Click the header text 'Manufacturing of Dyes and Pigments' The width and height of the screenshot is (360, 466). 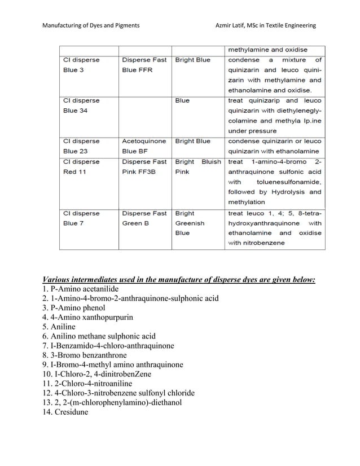click(91, 25)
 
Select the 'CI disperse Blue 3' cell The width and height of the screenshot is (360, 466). click(81, 65)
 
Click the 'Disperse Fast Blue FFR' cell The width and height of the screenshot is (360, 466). click(144, 65)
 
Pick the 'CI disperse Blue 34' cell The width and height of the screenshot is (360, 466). click(81, 105)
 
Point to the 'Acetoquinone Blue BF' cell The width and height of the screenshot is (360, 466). click(144, 146)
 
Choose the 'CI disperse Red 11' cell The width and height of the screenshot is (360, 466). click(81, 166)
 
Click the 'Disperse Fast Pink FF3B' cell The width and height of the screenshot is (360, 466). click(144, 166)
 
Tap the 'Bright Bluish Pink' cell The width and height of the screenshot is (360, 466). click(197, 166)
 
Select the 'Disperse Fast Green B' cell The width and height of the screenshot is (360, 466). click(144, 218)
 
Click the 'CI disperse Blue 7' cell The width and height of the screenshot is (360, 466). click(81, 218)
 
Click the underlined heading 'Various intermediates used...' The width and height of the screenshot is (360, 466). click(179, 279)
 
